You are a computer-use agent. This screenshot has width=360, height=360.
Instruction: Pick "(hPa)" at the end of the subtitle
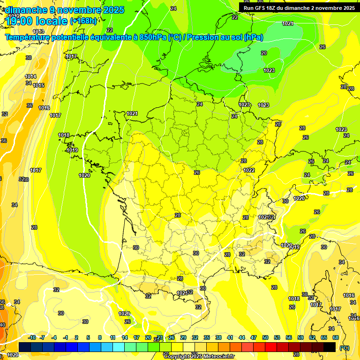[253, 37]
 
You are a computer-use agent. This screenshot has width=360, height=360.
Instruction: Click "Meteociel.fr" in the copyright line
[218, 357]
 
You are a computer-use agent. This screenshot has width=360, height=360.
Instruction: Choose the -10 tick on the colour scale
[31, 337]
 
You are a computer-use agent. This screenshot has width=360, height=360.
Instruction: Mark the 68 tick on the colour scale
[336, 337]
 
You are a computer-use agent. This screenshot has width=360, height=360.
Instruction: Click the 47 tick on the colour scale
[254, 337]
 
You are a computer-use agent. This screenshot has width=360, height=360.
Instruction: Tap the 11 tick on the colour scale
[113, 337]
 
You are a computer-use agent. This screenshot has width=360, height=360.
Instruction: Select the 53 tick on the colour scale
[277, 337]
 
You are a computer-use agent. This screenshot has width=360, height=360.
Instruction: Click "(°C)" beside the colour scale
[345, 348]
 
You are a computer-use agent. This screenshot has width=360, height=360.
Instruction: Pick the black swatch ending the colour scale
[330, 347]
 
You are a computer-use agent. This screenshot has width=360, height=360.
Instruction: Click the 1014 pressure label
[31, 76]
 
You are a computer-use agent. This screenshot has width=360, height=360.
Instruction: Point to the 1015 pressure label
[38, 85]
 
